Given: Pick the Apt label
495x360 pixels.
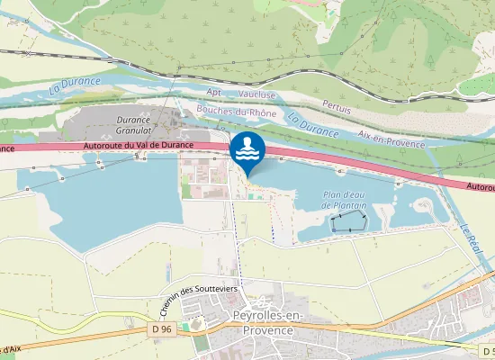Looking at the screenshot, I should click(213, 92).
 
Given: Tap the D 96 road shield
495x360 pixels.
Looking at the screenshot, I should click(159, 330).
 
